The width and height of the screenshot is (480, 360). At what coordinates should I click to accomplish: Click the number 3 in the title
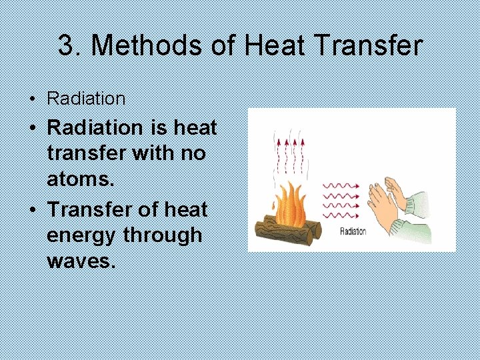65,46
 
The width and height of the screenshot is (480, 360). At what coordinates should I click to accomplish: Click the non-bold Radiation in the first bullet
86,99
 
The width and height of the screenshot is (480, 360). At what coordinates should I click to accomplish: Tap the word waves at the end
81,261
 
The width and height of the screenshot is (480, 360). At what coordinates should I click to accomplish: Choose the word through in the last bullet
169,235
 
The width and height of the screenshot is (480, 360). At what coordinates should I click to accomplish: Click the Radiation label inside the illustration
353,231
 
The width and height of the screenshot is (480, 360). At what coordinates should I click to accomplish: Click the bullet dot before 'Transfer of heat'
32,209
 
